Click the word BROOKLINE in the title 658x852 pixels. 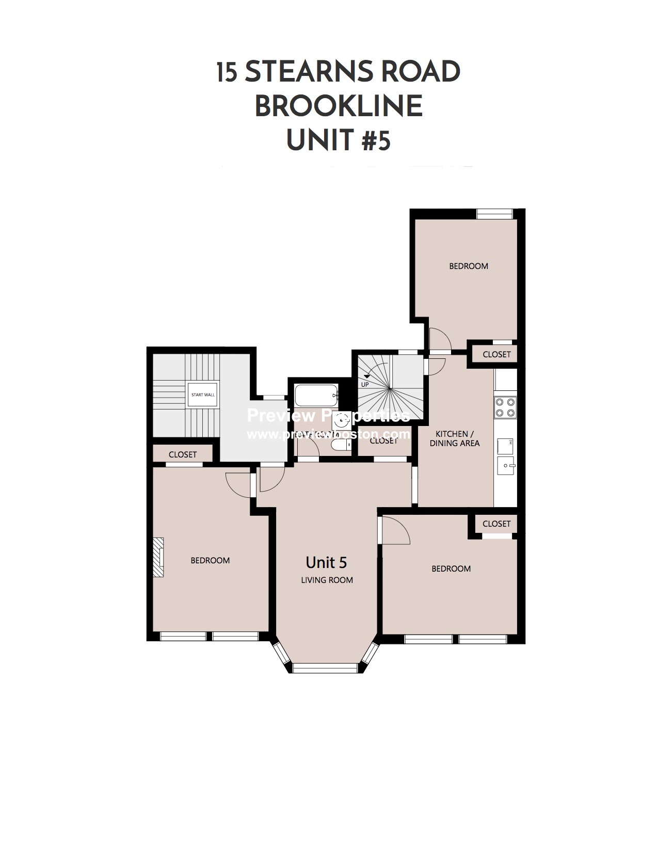click(339, 106)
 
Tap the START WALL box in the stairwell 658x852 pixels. click(203, 395)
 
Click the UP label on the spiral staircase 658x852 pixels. click(365, 384)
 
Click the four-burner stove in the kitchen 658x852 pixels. click(505, 407)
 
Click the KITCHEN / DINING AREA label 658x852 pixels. click(454, 438)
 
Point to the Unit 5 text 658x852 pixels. click(326, 562)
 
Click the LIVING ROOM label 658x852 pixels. click(327, 580)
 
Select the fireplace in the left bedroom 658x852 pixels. click(158, 557)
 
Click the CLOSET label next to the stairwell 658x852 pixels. click(183, 454)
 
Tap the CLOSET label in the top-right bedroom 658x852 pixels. click(496, 354)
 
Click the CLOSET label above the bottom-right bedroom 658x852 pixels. click(496, 524)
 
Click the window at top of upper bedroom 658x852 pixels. click(494, 214)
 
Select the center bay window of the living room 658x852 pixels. click(325, 668)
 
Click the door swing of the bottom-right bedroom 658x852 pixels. click(395, 532)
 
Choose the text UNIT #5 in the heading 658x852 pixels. click(338, 140)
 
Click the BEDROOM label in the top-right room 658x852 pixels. click(468, 266)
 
